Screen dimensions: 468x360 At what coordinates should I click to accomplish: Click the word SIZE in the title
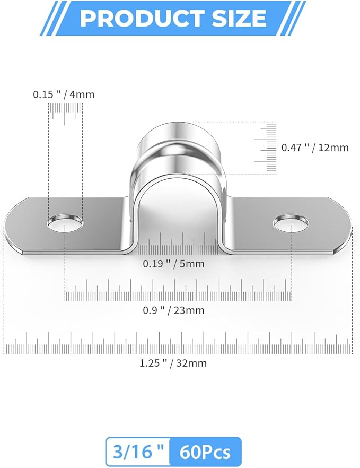(238, 18)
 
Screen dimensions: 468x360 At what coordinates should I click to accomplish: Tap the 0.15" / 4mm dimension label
(64, 94)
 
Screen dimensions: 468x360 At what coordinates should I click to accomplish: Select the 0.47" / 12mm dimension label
(315, 148)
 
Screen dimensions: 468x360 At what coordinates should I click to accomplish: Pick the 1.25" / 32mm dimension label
(173, 363)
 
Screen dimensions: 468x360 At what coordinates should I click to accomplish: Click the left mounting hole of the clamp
(65, 223)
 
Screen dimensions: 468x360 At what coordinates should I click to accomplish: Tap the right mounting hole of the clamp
(291, 223)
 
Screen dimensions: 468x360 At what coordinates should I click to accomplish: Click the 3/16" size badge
(138, 452)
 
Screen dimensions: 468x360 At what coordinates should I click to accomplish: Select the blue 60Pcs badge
(205, 452)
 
